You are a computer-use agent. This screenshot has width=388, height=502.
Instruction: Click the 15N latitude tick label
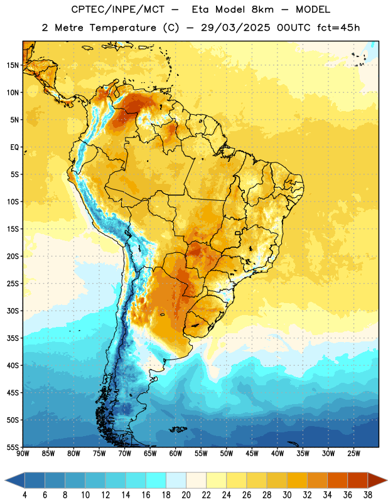click(13, 65)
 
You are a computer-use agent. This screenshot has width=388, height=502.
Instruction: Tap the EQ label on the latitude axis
click(14, 147)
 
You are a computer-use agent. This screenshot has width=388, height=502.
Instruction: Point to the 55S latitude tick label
click(13, 447)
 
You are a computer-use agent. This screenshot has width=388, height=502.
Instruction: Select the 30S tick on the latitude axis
click(13, 311)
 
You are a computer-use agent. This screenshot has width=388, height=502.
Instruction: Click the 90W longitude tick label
click(23, 454)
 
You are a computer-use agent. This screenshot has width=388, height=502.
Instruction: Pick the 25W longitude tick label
click(353, 454)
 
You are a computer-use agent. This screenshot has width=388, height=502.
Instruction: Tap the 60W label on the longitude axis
click(176, 454)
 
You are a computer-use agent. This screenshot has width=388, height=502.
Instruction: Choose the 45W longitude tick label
click(252, 454)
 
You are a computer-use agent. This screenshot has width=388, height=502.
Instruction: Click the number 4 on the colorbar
click(24, 495)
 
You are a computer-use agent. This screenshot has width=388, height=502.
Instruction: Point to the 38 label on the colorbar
click(368, 495)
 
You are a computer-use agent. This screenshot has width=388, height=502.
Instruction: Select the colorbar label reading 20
click(186, 495)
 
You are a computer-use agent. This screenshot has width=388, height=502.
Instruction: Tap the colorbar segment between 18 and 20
click(176, 481)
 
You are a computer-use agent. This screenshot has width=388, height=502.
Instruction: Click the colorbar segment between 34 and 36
click(337, 481)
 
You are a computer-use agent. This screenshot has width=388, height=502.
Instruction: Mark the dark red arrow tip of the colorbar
click(387, 481)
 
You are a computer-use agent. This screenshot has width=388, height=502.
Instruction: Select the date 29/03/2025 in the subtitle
click(235, 28)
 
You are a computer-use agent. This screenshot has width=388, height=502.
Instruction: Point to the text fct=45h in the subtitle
click(338, 28)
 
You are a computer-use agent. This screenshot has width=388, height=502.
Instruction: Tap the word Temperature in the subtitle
click(122, 28)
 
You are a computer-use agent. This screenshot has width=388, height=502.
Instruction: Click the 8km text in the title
click(262, 9)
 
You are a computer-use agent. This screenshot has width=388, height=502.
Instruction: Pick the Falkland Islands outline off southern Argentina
click(178, 429)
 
